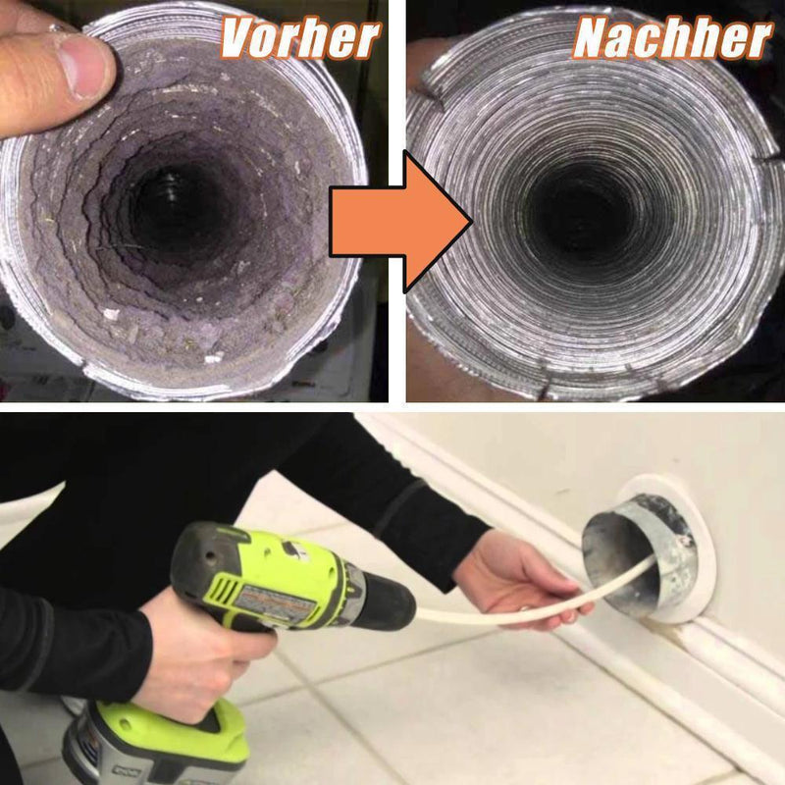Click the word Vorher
pyautogui.click(x=300, y=39)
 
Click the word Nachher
pyautogui.click(x=672, y=39)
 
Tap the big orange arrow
pyautogui.click(x=400, y=222)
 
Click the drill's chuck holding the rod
pyautogui.click(x=388, y=602)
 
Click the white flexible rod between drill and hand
pyautogui.click(x=500, y=611)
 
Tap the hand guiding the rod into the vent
pyautogui.click(x=521, y=576)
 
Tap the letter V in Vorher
pyautogui.click(x=236, y=39)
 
